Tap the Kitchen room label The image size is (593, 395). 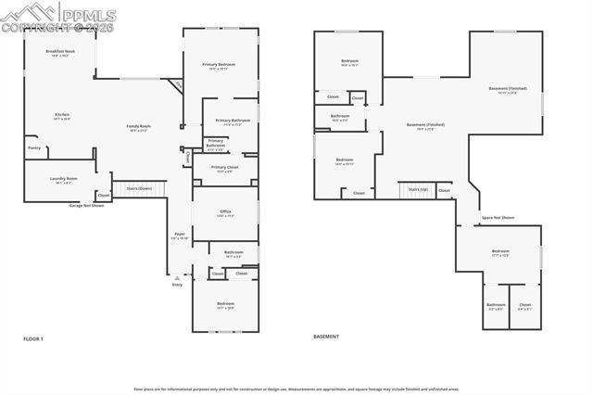62,116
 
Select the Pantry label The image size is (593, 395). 34,147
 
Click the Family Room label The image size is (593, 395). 139,127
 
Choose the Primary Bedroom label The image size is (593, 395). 220,65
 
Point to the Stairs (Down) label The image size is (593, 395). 139,187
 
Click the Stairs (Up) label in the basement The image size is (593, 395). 418,188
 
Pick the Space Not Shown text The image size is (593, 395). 498,218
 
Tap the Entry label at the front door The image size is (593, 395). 177,285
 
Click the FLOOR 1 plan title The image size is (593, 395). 33,338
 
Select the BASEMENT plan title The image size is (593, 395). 326,337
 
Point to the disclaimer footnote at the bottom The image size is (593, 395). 296,389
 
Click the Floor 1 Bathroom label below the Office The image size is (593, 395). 233,253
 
